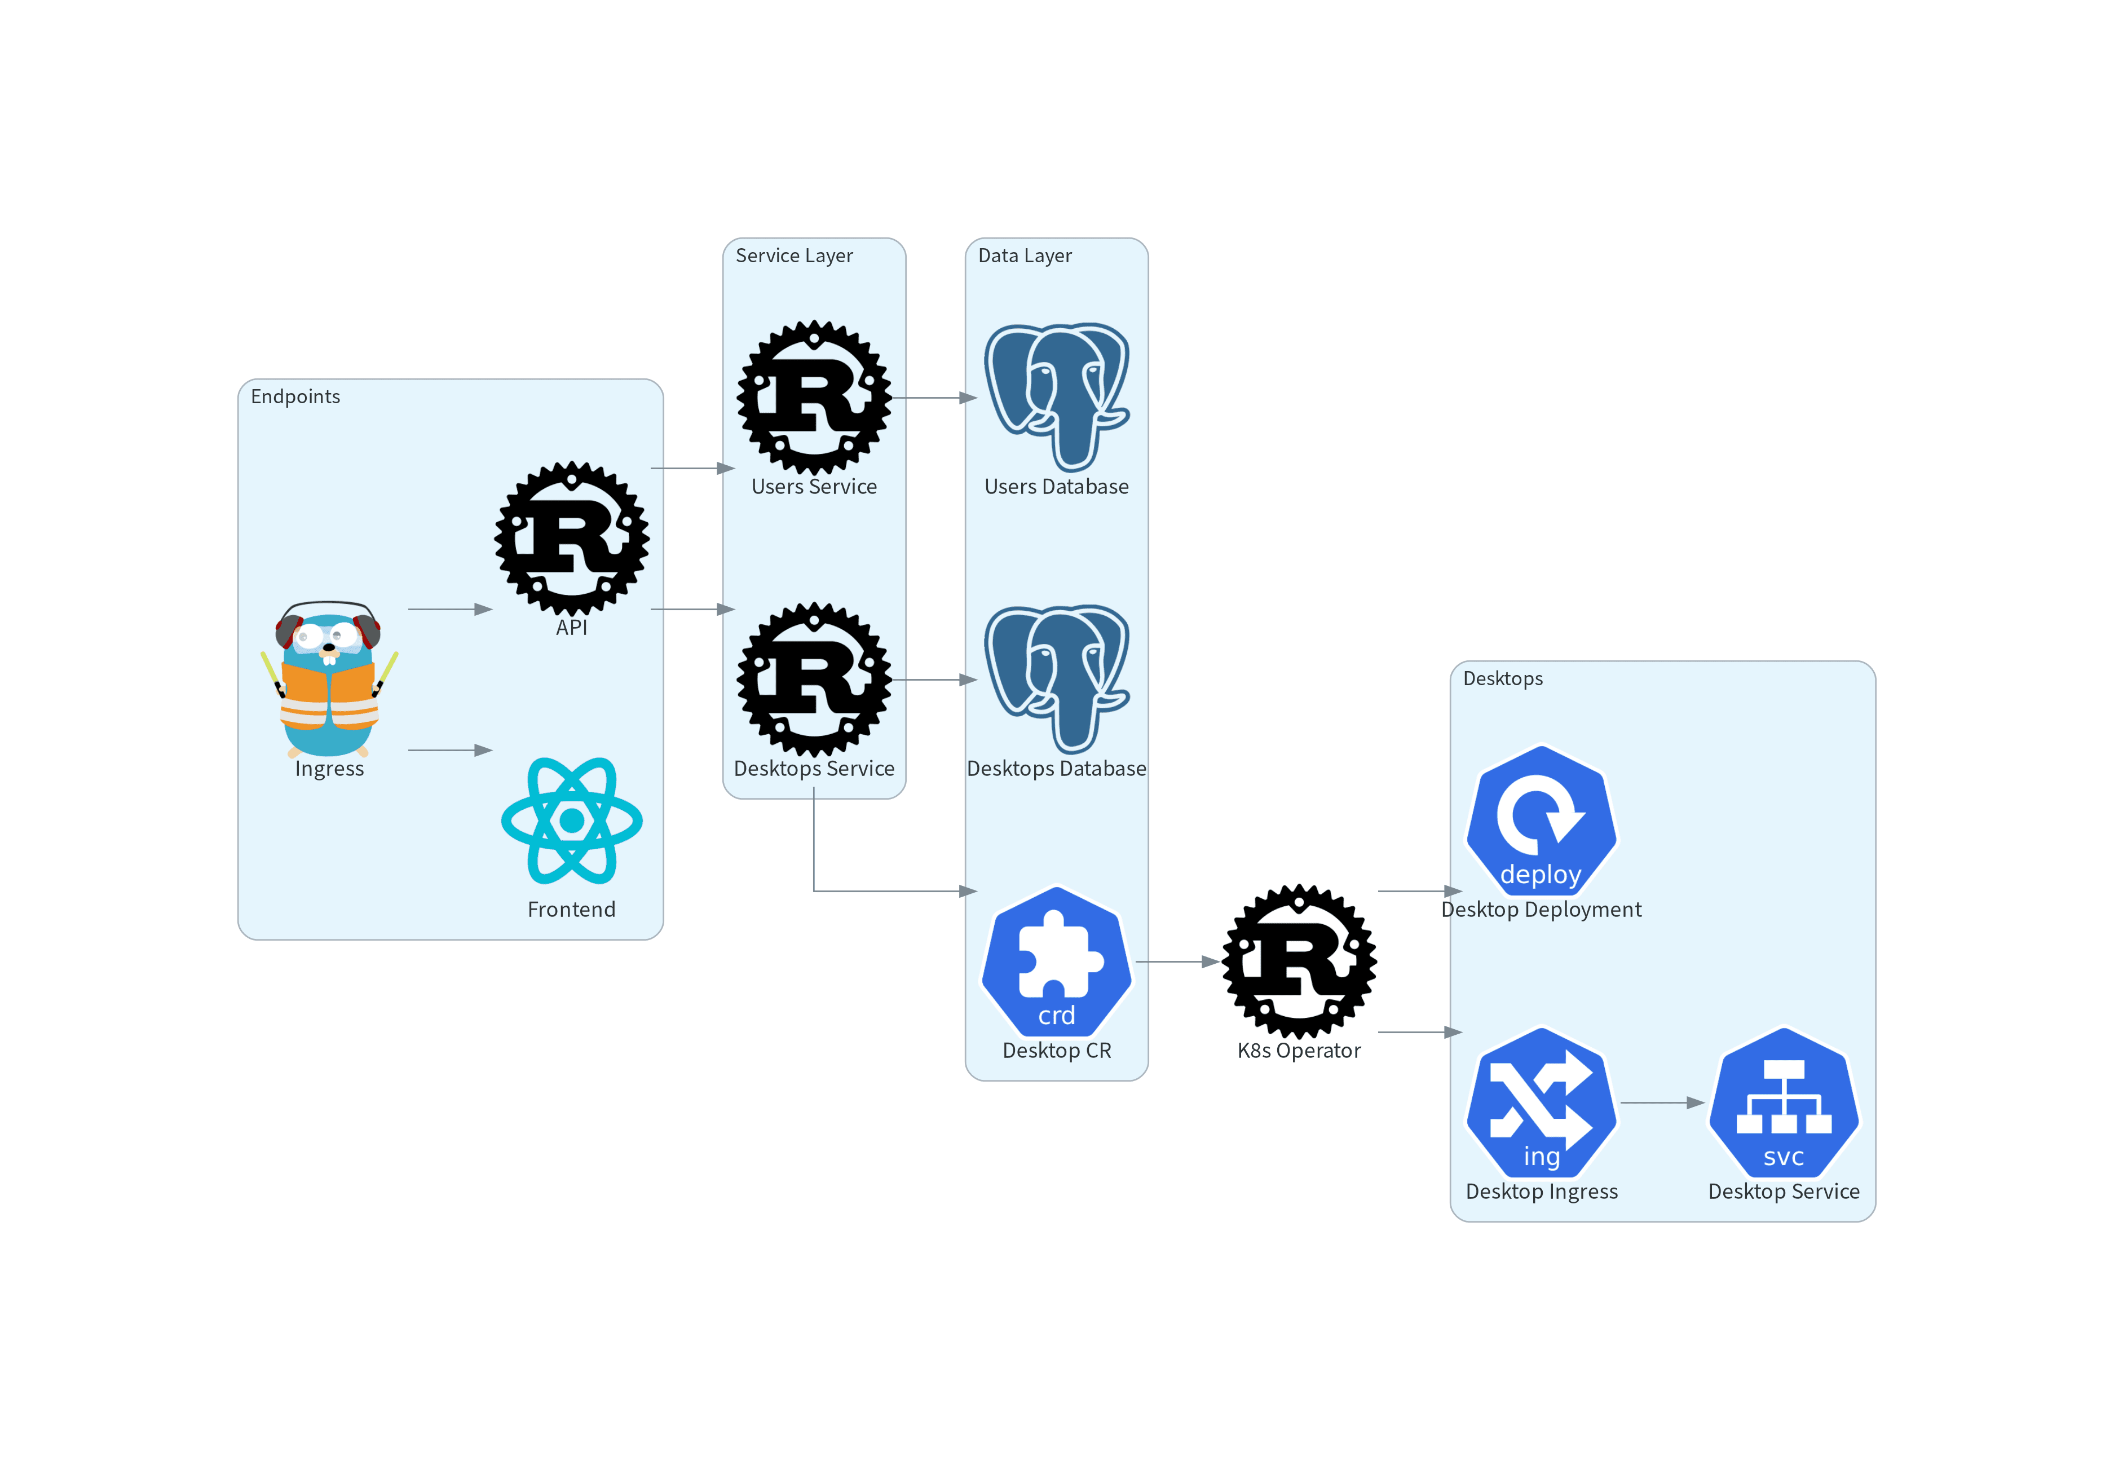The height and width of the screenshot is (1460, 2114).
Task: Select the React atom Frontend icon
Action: (x=572, y=821)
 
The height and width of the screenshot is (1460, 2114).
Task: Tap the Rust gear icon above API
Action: (x=572, y=538)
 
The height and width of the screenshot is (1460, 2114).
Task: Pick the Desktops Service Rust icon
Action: (x=814, y=679)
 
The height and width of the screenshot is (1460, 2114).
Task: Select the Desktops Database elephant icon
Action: (x=1057, y=679)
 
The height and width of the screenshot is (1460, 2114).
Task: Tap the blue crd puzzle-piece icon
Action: (x=1057, y=961)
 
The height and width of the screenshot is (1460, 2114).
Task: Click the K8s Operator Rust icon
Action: (x=1299, y=961)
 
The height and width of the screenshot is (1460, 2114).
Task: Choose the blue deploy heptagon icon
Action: (x=1541, y=821)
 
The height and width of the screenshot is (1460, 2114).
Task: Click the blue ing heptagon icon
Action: (x=1541, y=1102)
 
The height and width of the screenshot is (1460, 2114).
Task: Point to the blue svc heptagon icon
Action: (x=1784, y=1102)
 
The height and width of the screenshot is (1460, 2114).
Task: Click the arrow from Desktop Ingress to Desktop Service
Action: (x=1662, y=1103)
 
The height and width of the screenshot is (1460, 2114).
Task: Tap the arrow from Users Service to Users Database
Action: (x=935, y=398)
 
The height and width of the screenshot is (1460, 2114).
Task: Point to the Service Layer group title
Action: (x=794, y=256)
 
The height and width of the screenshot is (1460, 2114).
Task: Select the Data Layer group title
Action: (x=1025, y=256)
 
